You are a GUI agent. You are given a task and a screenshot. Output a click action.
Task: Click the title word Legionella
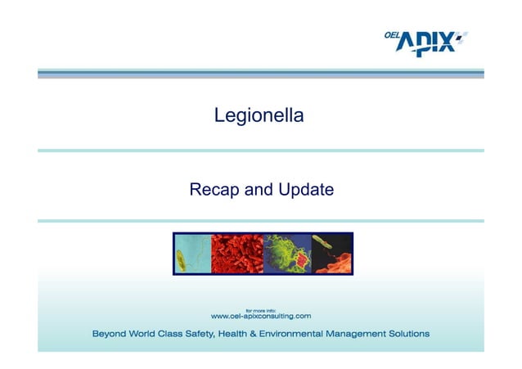[259, 115]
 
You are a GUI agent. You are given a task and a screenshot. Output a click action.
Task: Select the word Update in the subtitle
[305, 191]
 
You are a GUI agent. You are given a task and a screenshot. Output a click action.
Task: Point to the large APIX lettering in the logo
[426, 43]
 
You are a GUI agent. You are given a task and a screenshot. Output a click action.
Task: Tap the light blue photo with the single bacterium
[192, 254]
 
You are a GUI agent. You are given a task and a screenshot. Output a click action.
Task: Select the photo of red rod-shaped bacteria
[237, 254]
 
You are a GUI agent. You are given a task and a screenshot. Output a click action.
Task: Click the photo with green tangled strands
[288, 254]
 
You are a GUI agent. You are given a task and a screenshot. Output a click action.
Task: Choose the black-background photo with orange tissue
[332, 254]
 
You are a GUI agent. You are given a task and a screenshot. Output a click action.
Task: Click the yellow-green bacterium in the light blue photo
[182, 259]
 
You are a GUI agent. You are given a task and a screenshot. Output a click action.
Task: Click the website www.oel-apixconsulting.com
[261, 316]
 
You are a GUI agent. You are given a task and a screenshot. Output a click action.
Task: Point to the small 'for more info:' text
[260, 308]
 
